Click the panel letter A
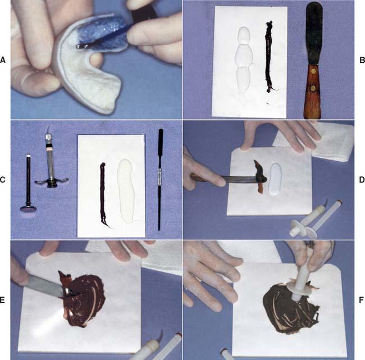(x=3, y=60)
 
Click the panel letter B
(x=362, y=60)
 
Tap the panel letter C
(x=3, y=180)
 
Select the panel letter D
(x=362, y=180)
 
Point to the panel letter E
(x=2, y=300)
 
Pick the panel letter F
(x=362, y=300)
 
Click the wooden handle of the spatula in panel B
(x=312, y=91)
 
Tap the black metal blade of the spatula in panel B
(x=314, y=34)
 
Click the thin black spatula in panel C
(x=160, y=179)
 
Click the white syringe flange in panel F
(x=300, y=285)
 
